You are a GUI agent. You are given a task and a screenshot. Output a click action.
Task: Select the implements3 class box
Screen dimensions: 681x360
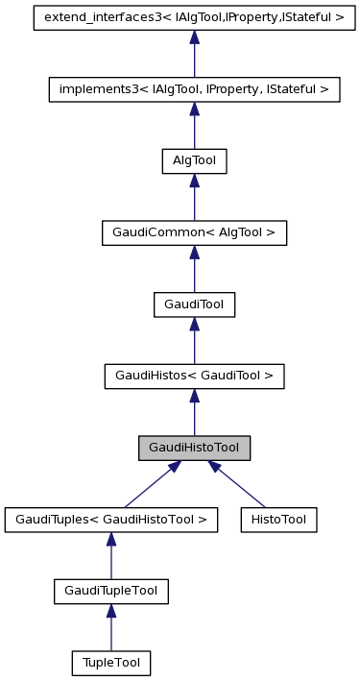coord(194,88)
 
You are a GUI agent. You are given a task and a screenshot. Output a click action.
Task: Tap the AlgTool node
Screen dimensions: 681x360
coord(194,160)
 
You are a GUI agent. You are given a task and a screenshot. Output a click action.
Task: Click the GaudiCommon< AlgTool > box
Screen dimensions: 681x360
coord(194,232)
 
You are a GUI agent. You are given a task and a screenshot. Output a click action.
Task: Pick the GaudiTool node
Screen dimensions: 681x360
coord(194,304)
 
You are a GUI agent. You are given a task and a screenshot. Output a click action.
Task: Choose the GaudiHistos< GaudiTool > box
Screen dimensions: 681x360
coord(194,377)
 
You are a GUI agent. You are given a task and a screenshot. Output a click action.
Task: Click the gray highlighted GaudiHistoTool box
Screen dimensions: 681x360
coord(194,449)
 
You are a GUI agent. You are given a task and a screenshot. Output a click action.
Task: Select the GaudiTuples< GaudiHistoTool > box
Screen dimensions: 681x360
coord(110,520)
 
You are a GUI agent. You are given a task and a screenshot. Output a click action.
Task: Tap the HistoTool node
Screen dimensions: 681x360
coord(278,520)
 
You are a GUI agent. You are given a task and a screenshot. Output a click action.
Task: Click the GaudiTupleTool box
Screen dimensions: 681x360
coord(110,592)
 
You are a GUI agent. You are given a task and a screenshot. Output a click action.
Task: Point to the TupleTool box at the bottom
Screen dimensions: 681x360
coord(110,663)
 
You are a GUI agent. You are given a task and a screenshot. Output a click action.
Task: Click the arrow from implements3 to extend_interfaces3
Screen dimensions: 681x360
coord(194,54)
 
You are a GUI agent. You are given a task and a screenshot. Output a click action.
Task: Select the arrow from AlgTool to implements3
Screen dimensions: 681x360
coord(194,126)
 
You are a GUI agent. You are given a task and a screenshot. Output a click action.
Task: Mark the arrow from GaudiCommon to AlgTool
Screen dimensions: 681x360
coord(194,198)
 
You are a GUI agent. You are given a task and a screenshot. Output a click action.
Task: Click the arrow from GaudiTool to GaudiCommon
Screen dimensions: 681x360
coord(194,270)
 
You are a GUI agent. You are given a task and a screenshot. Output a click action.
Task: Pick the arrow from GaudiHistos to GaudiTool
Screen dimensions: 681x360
coord(194,342)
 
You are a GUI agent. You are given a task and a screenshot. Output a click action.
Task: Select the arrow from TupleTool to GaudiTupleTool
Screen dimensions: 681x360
coord(110,629)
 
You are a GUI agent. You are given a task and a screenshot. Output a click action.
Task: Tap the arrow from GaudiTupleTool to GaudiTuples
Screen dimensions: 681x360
coord(110,557)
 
